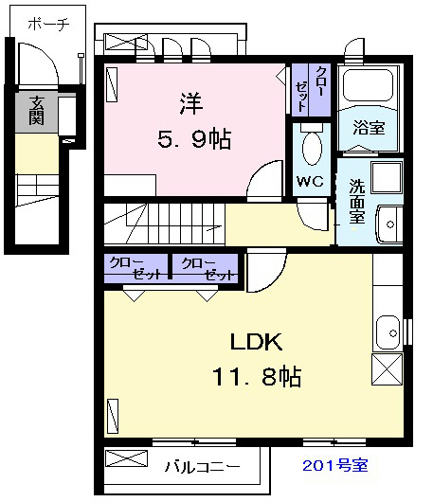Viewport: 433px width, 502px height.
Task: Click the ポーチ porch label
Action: (48, 24)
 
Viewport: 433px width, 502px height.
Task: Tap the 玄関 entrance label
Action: (37, 110)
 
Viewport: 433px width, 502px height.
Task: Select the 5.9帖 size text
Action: (194, 139)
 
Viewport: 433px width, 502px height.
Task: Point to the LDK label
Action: (256, 342)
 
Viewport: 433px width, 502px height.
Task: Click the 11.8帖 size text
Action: (257, 377)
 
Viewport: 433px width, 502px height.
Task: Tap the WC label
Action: (310, 182)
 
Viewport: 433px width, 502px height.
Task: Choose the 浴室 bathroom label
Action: (369, 128)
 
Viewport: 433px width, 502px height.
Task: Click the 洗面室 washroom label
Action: (357, 202)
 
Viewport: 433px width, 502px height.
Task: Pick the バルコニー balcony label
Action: (203, 466)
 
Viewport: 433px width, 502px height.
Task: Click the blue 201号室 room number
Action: (335, 465)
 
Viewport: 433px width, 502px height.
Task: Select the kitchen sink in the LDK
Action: (388, 333)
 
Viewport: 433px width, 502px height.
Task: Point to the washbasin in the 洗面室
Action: (389, 224)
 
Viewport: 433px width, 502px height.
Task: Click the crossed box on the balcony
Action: (127, 458)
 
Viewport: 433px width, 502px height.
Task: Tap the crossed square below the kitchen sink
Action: (387, 369)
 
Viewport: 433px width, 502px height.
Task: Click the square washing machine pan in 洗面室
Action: (387, 177)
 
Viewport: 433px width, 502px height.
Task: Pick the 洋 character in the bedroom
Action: (191, 103)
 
